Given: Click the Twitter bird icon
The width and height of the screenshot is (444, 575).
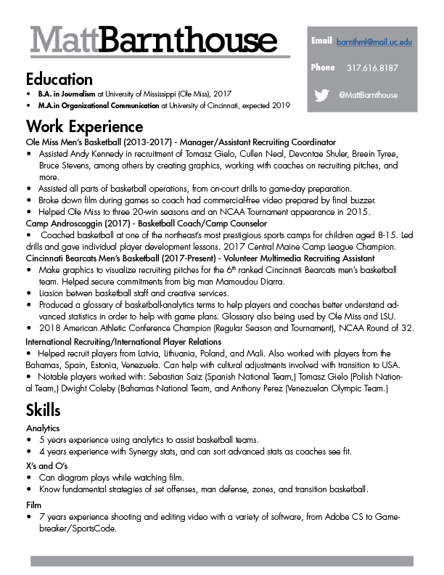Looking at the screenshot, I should pos(322,95).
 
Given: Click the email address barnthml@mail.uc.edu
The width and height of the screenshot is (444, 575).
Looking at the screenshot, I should pos(374,42).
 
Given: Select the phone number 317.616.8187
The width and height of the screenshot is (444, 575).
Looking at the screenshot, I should pos(372,68).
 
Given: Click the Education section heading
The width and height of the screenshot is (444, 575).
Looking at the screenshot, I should pos(59,79).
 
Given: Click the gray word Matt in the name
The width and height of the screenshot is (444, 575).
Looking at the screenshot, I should pos(63,40).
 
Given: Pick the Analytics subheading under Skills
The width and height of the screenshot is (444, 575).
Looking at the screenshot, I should pos(42,429).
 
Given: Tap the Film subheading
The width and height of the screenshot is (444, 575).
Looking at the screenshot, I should pos(33,503).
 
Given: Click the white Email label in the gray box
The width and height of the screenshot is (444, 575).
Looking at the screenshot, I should pos(321,41).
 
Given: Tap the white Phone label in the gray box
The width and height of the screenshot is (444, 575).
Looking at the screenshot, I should pos(323,68).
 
